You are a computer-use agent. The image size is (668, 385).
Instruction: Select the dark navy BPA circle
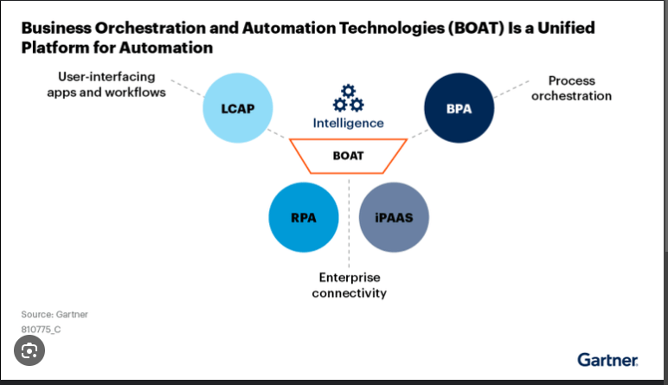(x=459, y=110)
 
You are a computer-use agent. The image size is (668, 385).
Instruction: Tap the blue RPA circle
(x=303, y=217)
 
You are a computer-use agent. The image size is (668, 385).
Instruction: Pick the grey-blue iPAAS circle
(x=394, y=217)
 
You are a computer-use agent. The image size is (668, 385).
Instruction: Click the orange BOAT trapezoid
(x=349, y=156)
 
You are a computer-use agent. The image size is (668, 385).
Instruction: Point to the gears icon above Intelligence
(x=348, y=98)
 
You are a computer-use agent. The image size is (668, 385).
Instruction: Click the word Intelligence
(x=348, y=123)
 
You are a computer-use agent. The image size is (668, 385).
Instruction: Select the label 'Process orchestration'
(x=571, y=88)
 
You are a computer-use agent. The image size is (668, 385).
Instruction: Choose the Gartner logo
(x=607, y=359)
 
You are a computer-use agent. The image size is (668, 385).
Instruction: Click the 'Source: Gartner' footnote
(x=55, y=314)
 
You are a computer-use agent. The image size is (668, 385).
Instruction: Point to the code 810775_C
(x=41, y=330)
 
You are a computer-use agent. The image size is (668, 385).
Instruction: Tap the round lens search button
(x=30, y=351)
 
